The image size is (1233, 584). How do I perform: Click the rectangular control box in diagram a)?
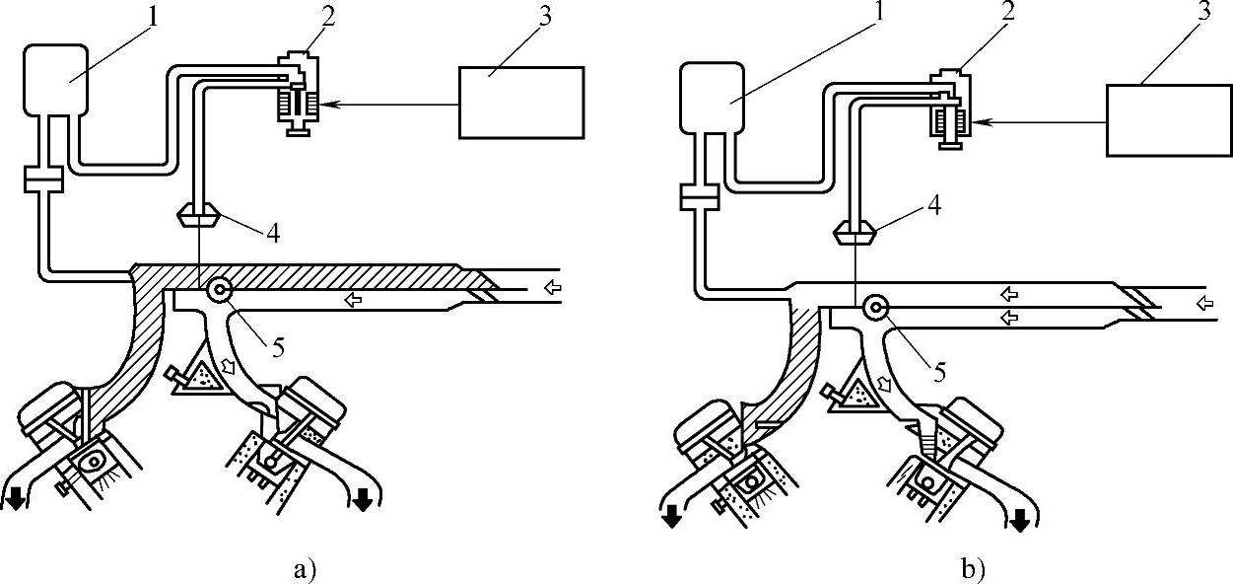[521, 102]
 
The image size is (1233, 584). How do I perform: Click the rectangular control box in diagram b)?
[1169, 119]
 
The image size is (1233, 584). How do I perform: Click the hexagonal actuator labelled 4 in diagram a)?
[200, 212]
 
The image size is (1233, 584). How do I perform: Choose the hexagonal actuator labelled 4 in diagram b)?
[852, 234]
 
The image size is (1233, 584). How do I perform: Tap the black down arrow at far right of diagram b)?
[1019, 519]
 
